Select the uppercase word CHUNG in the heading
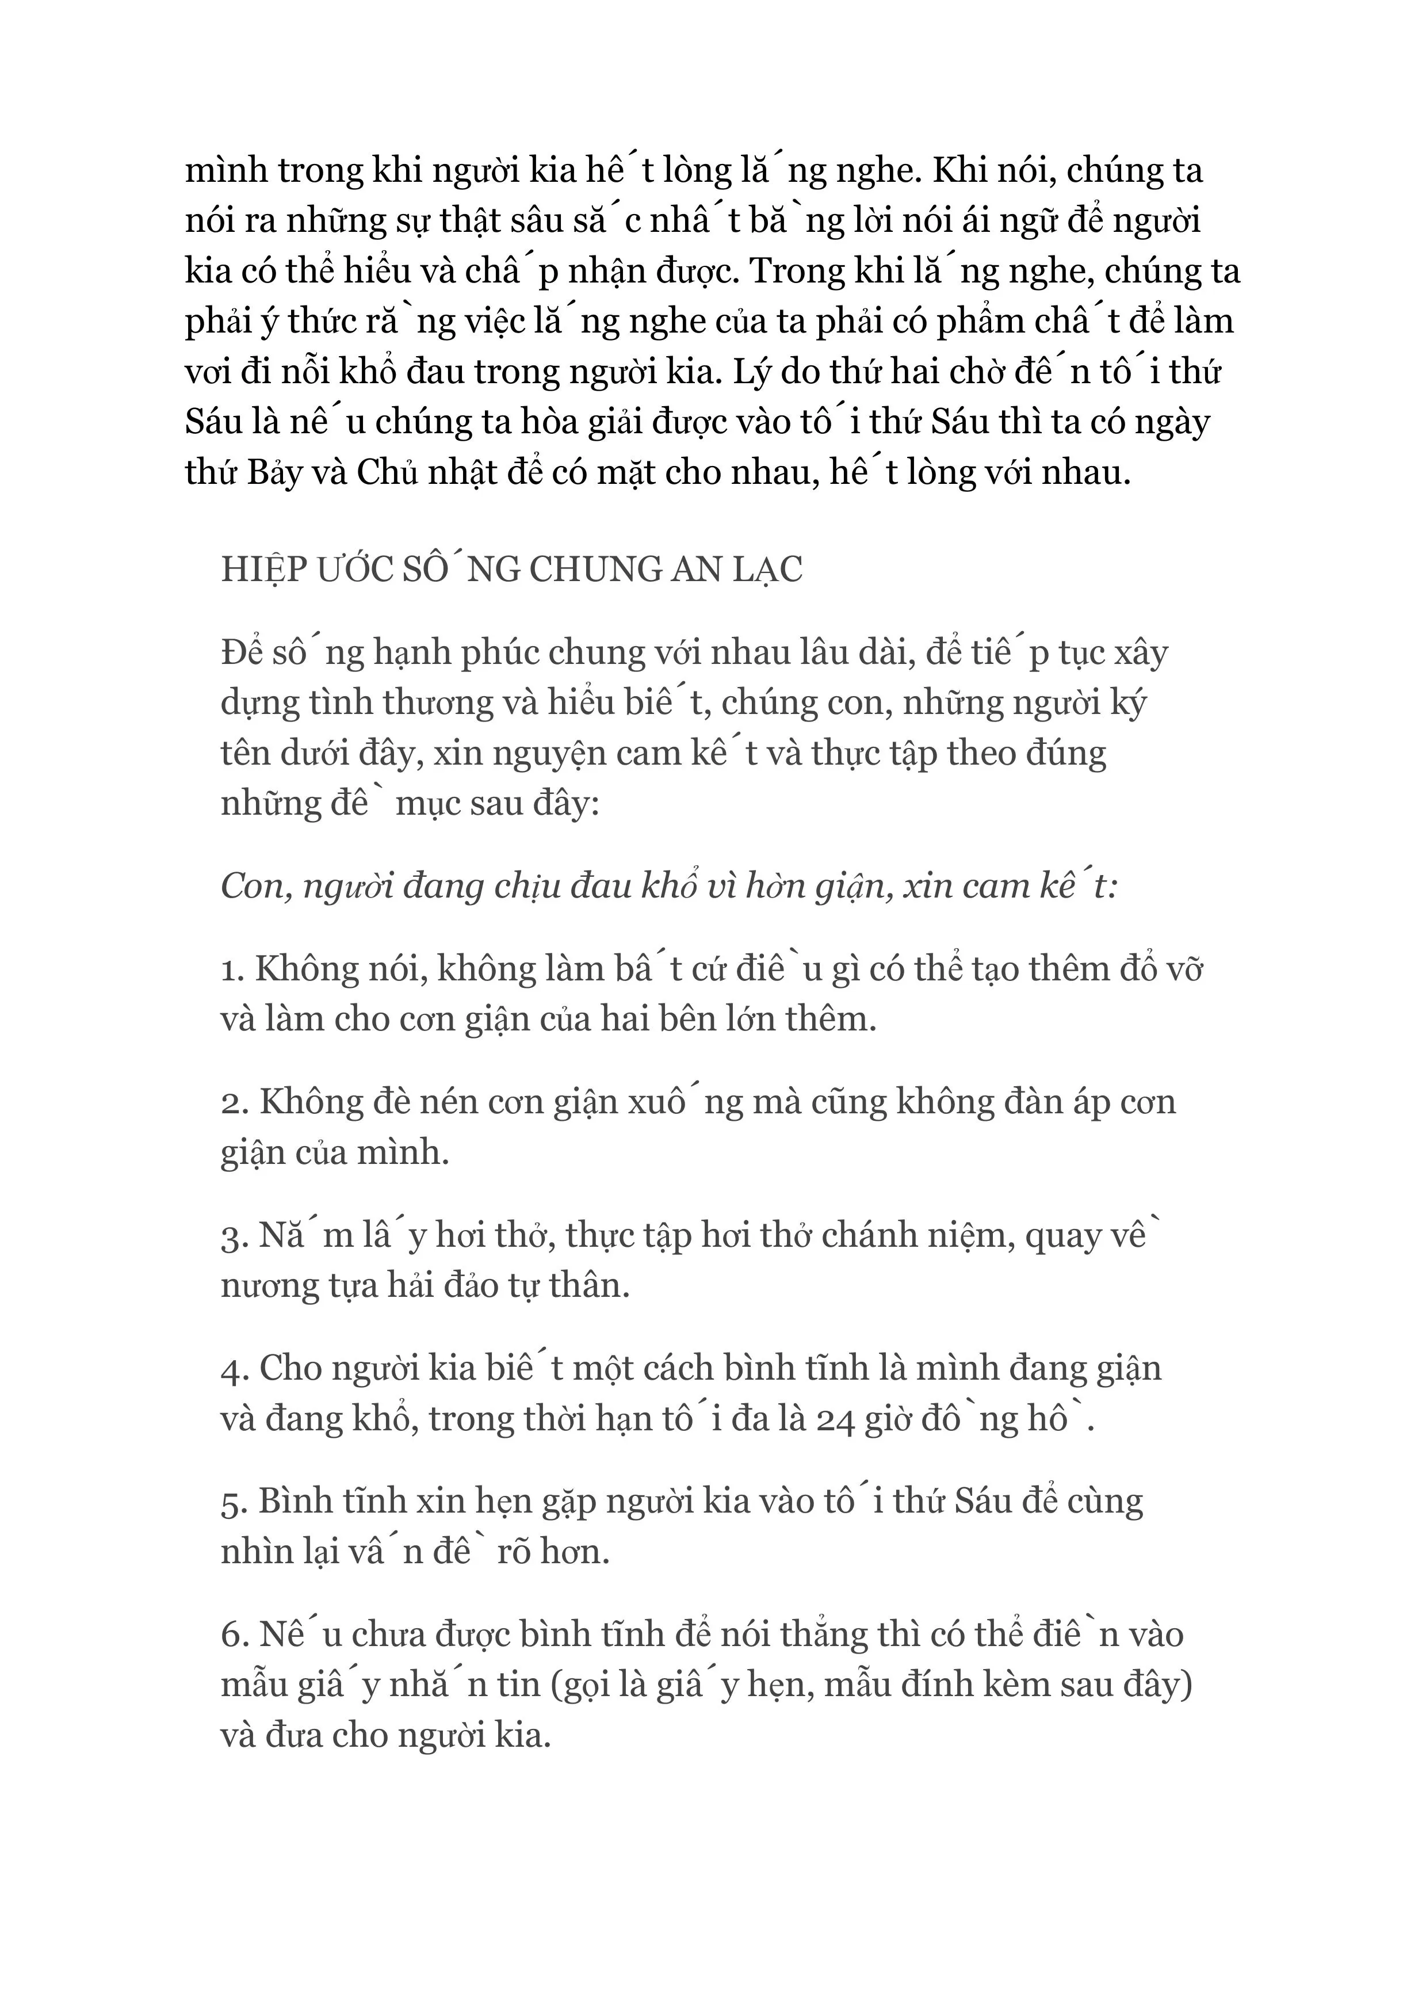coord(586,571)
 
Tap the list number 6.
coord(234,1635)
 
